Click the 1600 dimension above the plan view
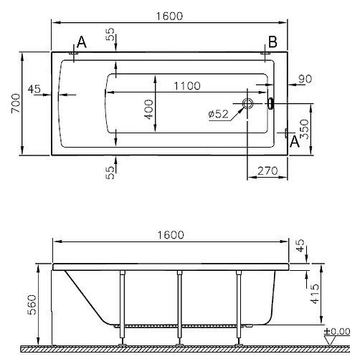click(169, 16)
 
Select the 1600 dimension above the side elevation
click(171, 235)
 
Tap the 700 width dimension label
click(16, 103)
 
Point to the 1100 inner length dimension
click(187, 86)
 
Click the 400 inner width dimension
click(148, 110)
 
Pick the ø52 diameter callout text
click(218, 114)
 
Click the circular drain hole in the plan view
click(247, 103)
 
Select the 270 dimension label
click(267, 171)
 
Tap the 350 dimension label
click(304, 129)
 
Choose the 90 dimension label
click(305, 79)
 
